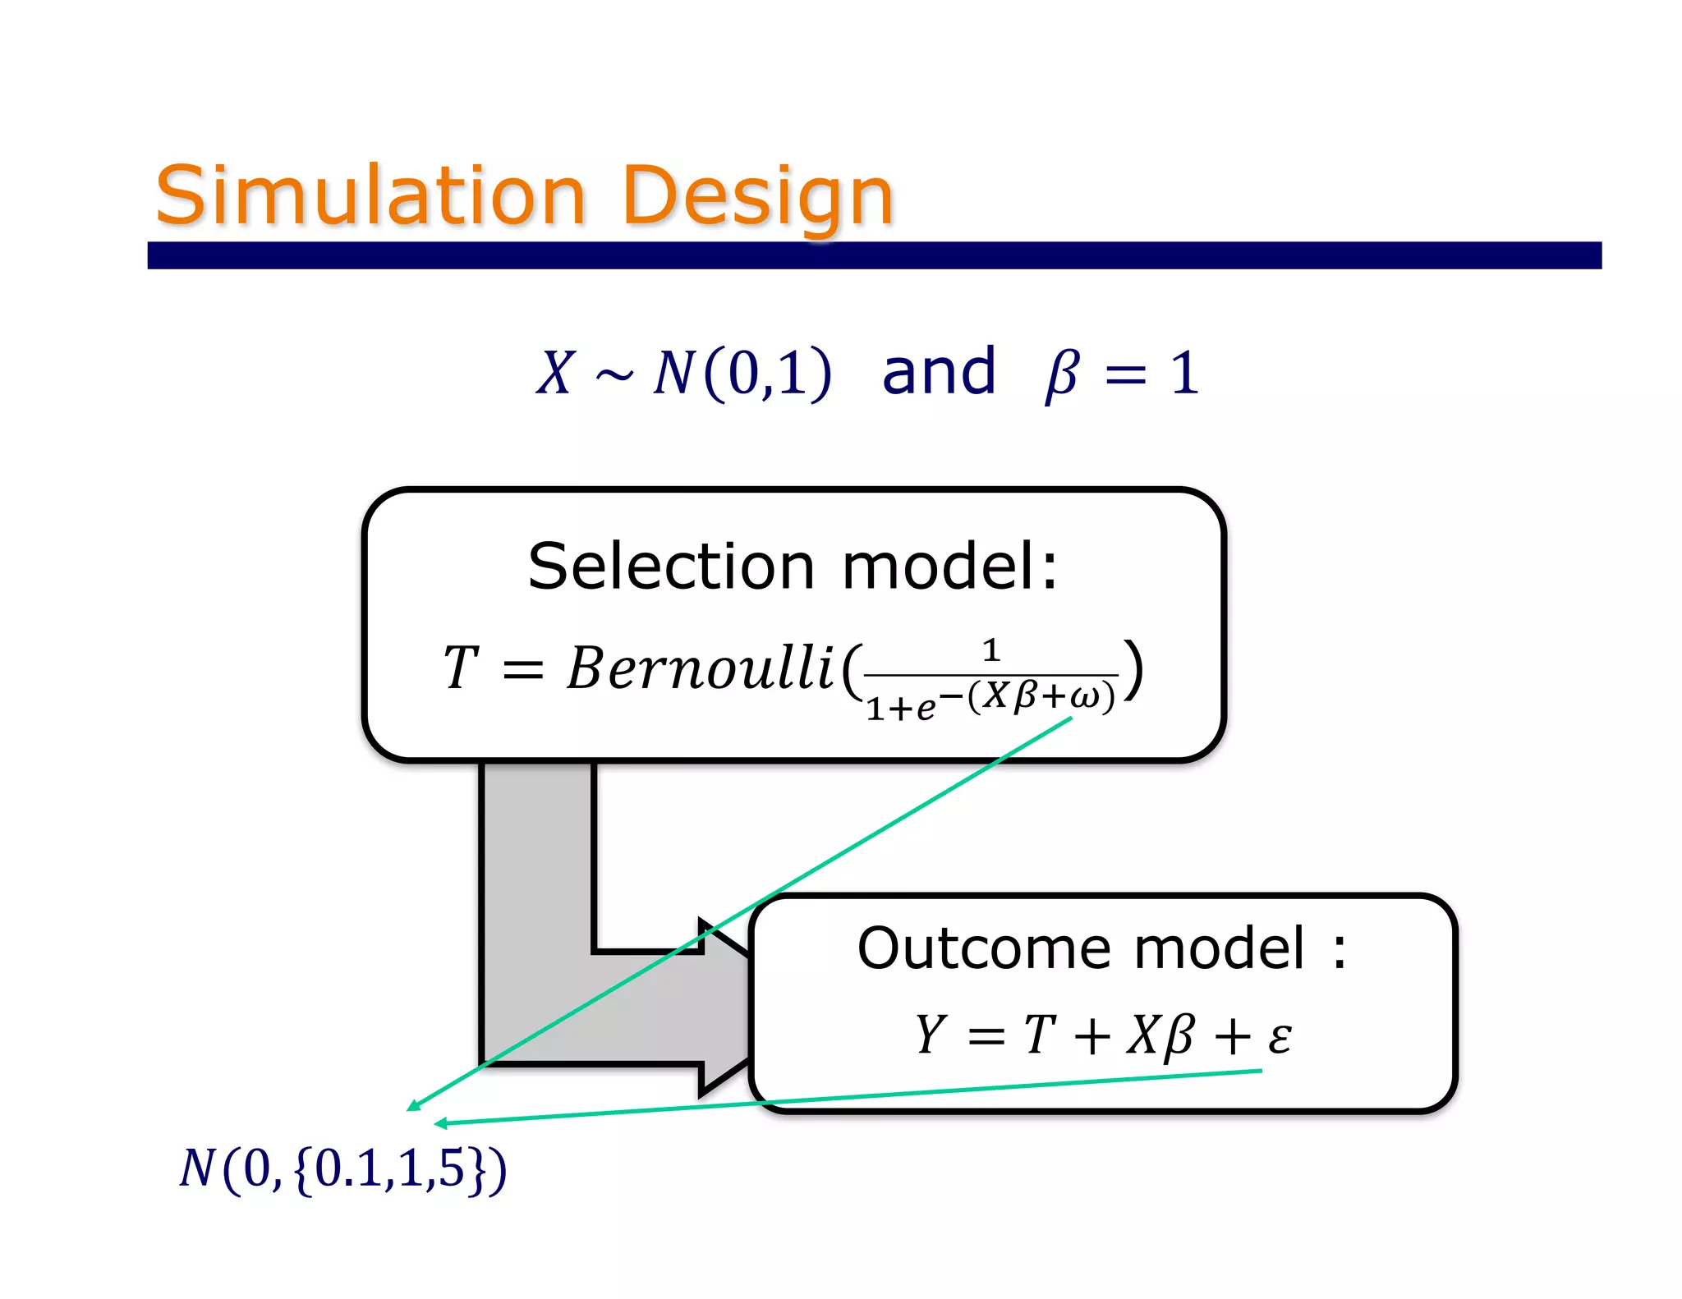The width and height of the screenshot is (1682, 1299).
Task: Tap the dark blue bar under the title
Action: coord(874,255)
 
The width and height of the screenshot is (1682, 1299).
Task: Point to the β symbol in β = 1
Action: coord(1061,374)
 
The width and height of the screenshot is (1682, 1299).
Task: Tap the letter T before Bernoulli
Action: coord(460,668)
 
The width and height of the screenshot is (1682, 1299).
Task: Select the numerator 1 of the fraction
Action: coord(991,651)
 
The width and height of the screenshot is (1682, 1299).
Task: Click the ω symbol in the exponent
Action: coord(1084,697)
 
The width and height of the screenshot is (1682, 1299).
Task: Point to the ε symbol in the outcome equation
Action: coord(1279,1036)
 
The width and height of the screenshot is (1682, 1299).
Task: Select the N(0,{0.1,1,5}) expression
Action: coord(342,1168)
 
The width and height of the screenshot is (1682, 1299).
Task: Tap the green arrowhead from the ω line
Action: coord(413,1106)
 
